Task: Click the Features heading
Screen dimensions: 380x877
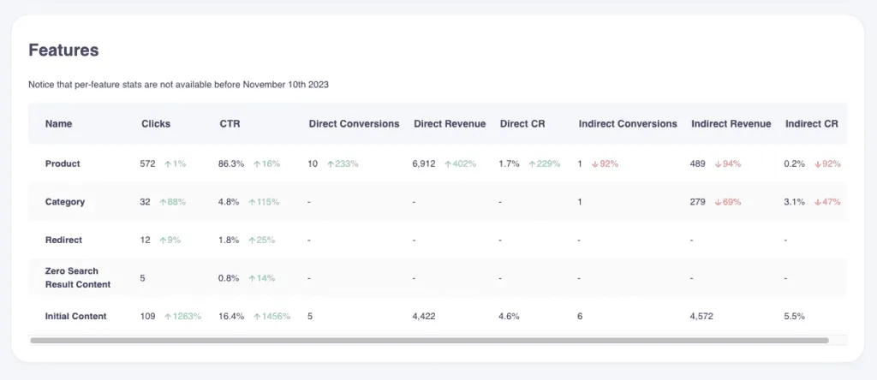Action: pos(63,50)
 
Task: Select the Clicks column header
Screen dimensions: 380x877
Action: pos(156,123)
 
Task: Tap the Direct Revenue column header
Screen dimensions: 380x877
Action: pos(450,123)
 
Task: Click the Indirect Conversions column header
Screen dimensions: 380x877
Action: pos(628,123)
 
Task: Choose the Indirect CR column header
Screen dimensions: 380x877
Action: pos(811,123)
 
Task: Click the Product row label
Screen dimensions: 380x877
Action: pos(63,163)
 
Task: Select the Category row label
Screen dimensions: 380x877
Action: pos(65,202)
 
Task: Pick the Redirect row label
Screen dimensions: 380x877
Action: pos(63,240)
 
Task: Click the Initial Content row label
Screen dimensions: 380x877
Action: pos(75,316)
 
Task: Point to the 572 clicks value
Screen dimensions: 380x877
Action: pos(148,163)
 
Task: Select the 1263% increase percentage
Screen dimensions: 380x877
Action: pos(183,316)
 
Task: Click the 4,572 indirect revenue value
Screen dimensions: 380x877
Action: pos(703,316)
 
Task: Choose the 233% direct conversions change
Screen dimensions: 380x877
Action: pos(343,163)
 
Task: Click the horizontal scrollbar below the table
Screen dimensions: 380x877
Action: pos(429,340)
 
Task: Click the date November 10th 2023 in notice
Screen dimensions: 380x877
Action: pos(285,85)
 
